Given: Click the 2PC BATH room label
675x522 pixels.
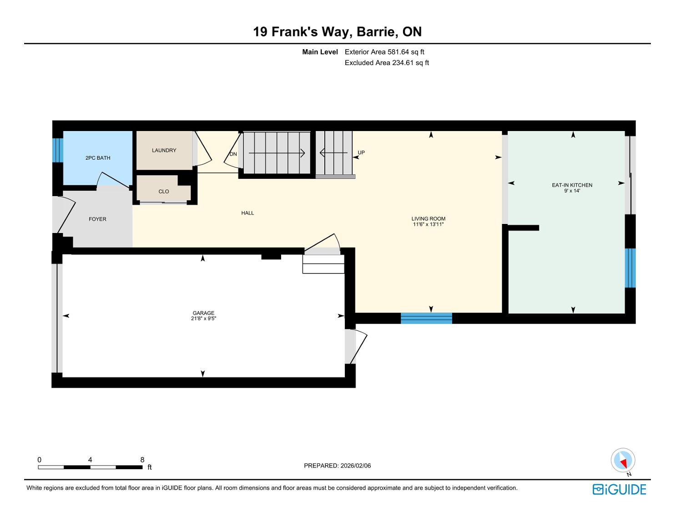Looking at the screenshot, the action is pyautogui.click(x=98, y=158).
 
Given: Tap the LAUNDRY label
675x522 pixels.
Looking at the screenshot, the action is pyautogui.click(x=164, y=150).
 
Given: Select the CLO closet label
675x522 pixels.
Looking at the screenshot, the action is pyautogui.click(x=164, y=192).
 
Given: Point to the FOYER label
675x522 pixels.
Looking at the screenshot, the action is pyautogui.click(x=97, y=219).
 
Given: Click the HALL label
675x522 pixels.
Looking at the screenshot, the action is pyautogui.click(x=247, y=213).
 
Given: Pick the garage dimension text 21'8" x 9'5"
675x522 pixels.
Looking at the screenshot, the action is pyautogui.click(x=203, y=319).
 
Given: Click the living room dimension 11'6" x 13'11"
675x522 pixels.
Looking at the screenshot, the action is pyautogui.click(x=428, y=224).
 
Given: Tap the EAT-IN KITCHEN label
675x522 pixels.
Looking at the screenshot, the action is pyautogui.click(x=572, y=185).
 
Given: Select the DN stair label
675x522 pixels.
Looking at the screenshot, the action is pyautogui.click(x=233, y=154).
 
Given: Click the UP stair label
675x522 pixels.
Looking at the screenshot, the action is pyautogui.click(x=361, y=152).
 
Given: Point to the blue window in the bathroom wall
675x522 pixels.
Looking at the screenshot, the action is pyautogui.click(x=58, y=150).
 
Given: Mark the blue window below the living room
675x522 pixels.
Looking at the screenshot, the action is pyautogui.click(x=427, y=319).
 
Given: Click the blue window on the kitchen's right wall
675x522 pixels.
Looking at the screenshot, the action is pyautogui.click(x=630, y=268).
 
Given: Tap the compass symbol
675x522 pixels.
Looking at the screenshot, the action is pyautogui.click(x=623, y=460).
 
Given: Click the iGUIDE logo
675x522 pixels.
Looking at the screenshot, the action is pyautogui.click(x=620, y=490).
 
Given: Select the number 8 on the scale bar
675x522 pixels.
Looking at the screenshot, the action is pyautogui.click(x=142, y=460).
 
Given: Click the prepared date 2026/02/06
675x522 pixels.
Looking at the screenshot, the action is pyautogui.click(x=356, y=466).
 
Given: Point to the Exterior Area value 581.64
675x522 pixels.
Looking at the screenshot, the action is pyautogui.click(x=398, y=52).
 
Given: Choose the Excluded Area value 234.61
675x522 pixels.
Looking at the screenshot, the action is pyautogui.click(x=403, y=63).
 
